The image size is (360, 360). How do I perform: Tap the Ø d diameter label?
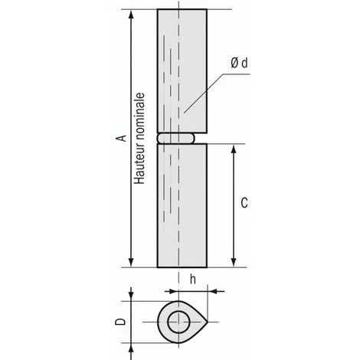(239, 63)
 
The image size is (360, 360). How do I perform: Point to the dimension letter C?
(244, 203)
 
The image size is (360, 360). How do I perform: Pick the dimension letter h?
(193, 280)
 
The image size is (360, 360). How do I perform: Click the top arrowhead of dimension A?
(131, 15)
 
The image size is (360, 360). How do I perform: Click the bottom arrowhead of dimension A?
(131, 262)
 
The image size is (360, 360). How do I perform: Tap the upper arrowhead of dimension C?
(233, 149)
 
